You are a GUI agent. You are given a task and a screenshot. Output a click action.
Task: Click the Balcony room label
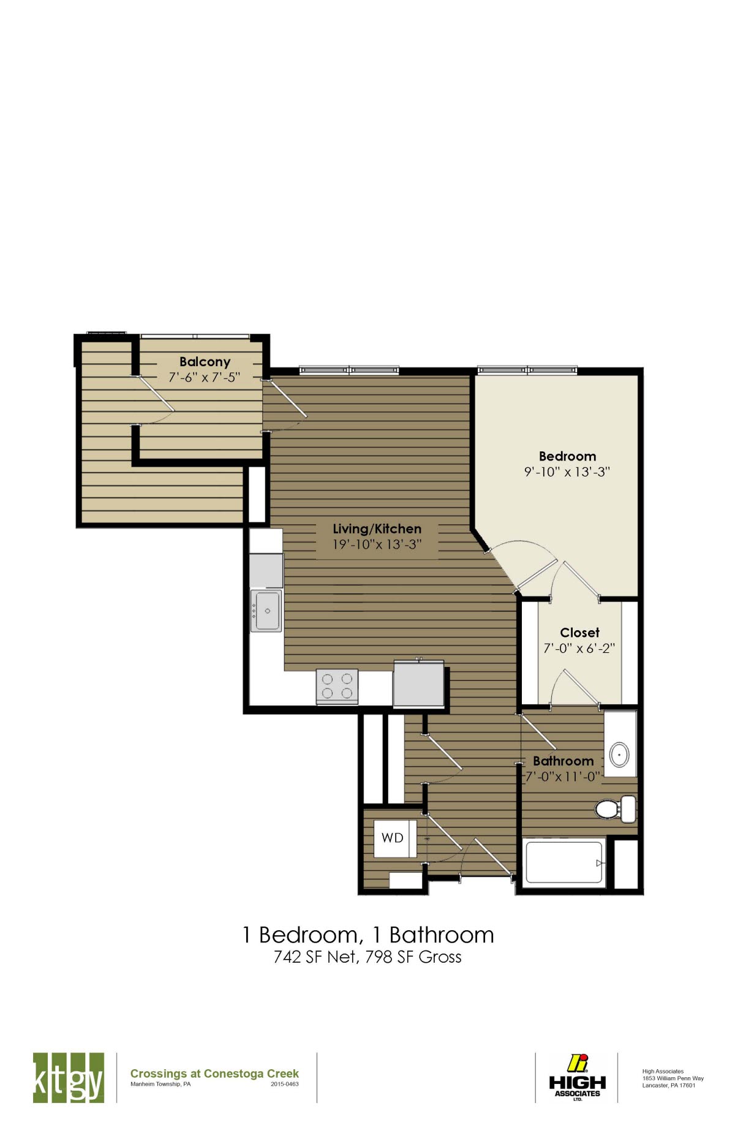pyautogui.click(x=205, y=362)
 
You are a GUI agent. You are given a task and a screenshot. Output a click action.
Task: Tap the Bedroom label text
pyautogui.click(x=567, y=456)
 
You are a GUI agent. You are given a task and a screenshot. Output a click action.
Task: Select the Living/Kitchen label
pyautogui.click(x=377, y=529)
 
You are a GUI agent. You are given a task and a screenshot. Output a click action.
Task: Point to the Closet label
pyautogui.click(x=579, y=633)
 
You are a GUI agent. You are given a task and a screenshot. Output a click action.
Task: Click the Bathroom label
pyautogui.click(x=563, y=761)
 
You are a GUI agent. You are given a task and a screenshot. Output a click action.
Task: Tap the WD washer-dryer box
pyautogui.click(x=393, y=838)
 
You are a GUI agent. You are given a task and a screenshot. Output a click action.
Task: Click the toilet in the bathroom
pyautogui.click(x=615, y=808)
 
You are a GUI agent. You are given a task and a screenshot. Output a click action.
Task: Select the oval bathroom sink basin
pyautogui.click(x=620, y=754)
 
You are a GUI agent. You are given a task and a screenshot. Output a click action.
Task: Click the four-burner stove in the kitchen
pyautogui.click(x=337, y=686)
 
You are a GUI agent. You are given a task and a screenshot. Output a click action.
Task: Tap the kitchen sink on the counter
pyautogui.click(x=267, y=611)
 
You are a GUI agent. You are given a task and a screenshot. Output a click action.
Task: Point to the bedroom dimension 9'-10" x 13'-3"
pyautogui.click(x=567, y=472)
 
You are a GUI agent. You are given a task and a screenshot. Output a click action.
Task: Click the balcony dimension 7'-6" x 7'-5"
pyautogui.click(x=205, y=378)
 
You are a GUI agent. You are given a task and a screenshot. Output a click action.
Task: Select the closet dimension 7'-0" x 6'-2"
pyautogui.click(x=579, y=649)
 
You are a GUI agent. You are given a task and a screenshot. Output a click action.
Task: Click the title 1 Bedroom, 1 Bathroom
pyautogui.click(x=368, y=935)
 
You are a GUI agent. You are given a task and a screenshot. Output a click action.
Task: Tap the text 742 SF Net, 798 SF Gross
pyautogui.click(x=367, y=957)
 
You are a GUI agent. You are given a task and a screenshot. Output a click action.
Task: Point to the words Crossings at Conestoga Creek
pyautogui.click(x=214, y=1074)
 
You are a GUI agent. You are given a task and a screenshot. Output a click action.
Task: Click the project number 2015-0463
pyautogui.click(x=285, y=1085)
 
